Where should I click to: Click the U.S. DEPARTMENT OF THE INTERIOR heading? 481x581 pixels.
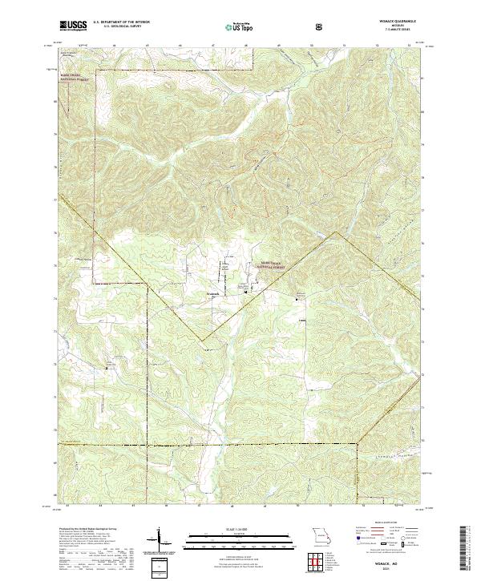click(x=121, y=22)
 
